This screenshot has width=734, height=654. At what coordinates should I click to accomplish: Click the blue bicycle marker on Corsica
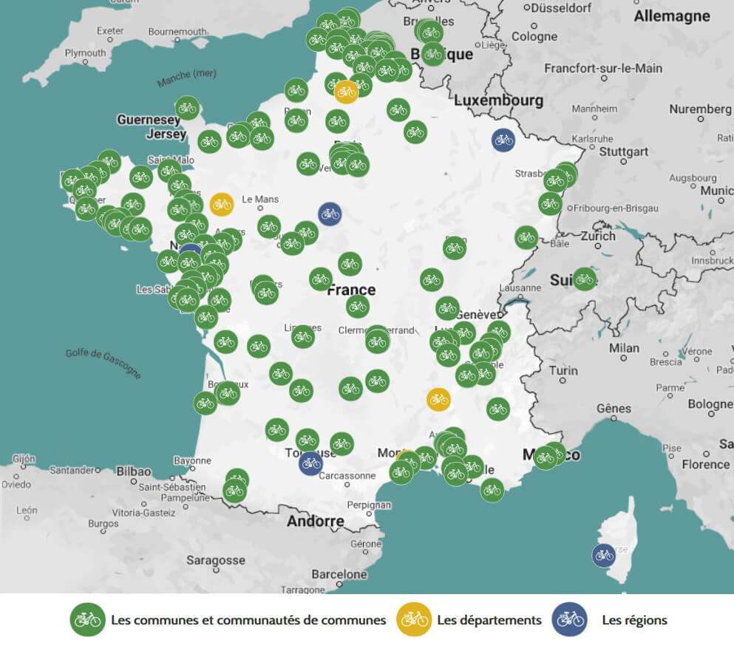pyautogui.click(x=604, y=555)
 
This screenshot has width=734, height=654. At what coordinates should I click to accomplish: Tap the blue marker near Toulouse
pyautogui.click(x=310, y=463)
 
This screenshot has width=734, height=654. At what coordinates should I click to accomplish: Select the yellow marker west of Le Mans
pyautogui.click(x=221, y=204)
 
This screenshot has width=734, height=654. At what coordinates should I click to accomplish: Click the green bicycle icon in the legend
pyautogui.click(x=87, y=619)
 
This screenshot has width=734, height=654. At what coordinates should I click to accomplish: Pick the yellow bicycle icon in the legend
pyautogui.click(x=414, y=619)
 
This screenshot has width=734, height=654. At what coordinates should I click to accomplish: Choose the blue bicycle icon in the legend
pyautogui.click(x=569, y=619)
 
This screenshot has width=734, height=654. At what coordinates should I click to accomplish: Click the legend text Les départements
pyautogui.click(x=489, y=620)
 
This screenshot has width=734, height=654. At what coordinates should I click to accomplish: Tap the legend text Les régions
pyautogui.click(x=634, y=620)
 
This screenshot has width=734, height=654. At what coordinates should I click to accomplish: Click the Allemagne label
pyautogui.click(x=672, y=16)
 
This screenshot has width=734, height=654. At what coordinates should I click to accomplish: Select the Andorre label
pyautogui.click(x=316, y=521)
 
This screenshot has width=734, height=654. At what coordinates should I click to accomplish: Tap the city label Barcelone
pyautogui.click(x=339, y=574)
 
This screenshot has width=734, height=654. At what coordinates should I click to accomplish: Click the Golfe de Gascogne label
pyautogui.click(x=103, y=363)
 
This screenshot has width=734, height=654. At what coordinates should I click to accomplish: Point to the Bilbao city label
pyautogui.click(x=133, y=471)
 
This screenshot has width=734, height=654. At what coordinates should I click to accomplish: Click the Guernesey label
pyautogui.click(x=148, y=120)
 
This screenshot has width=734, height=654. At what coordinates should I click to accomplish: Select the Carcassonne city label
pyautogui.click(x=347, y=476)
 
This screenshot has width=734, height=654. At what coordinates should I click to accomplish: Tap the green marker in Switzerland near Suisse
pyautogui.click(x=584, y=279)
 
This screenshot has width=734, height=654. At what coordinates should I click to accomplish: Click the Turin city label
pyautogui.click(x=563, y=370)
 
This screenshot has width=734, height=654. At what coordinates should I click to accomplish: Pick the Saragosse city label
pyautogui.click(x=215, y=560)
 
